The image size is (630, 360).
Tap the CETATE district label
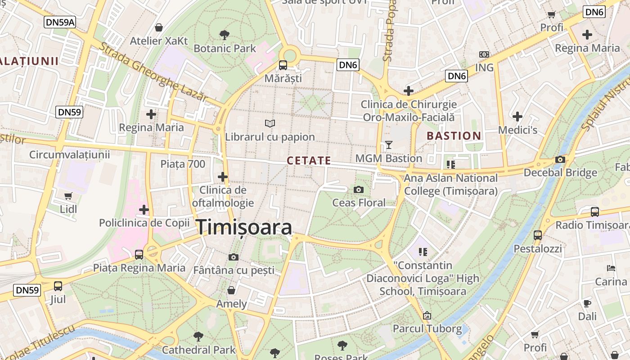[309, 161]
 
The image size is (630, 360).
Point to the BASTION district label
[454, 136]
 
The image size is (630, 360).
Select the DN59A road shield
[59, 22]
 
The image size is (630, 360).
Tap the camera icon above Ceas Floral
[359, 189]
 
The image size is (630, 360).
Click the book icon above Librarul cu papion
[270, 123]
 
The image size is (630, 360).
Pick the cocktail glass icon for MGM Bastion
[389, 145]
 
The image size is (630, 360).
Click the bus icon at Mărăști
[283, 65]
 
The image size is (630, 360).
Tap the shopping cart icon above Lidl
[68, 196]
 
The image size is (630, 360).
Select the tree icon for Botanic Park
[224, 35]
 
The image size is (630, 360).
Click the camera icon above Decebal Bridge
[560, 159]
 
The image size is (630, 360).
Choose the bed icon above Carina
[611, 268]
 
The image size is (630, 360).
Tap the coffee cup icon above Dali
[587, 303]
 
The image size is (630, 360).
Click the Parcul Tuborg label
[427, 328]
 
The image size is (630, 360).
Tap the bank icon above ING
[484, 54]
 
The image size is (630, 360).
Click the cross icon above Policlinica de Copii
[144, 209]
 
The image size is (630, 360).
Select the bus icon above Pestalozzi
[538, 235]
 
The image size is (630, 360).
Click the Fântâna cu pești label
[233, 270]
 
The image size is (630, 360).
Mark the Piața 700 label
[183, 164]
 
